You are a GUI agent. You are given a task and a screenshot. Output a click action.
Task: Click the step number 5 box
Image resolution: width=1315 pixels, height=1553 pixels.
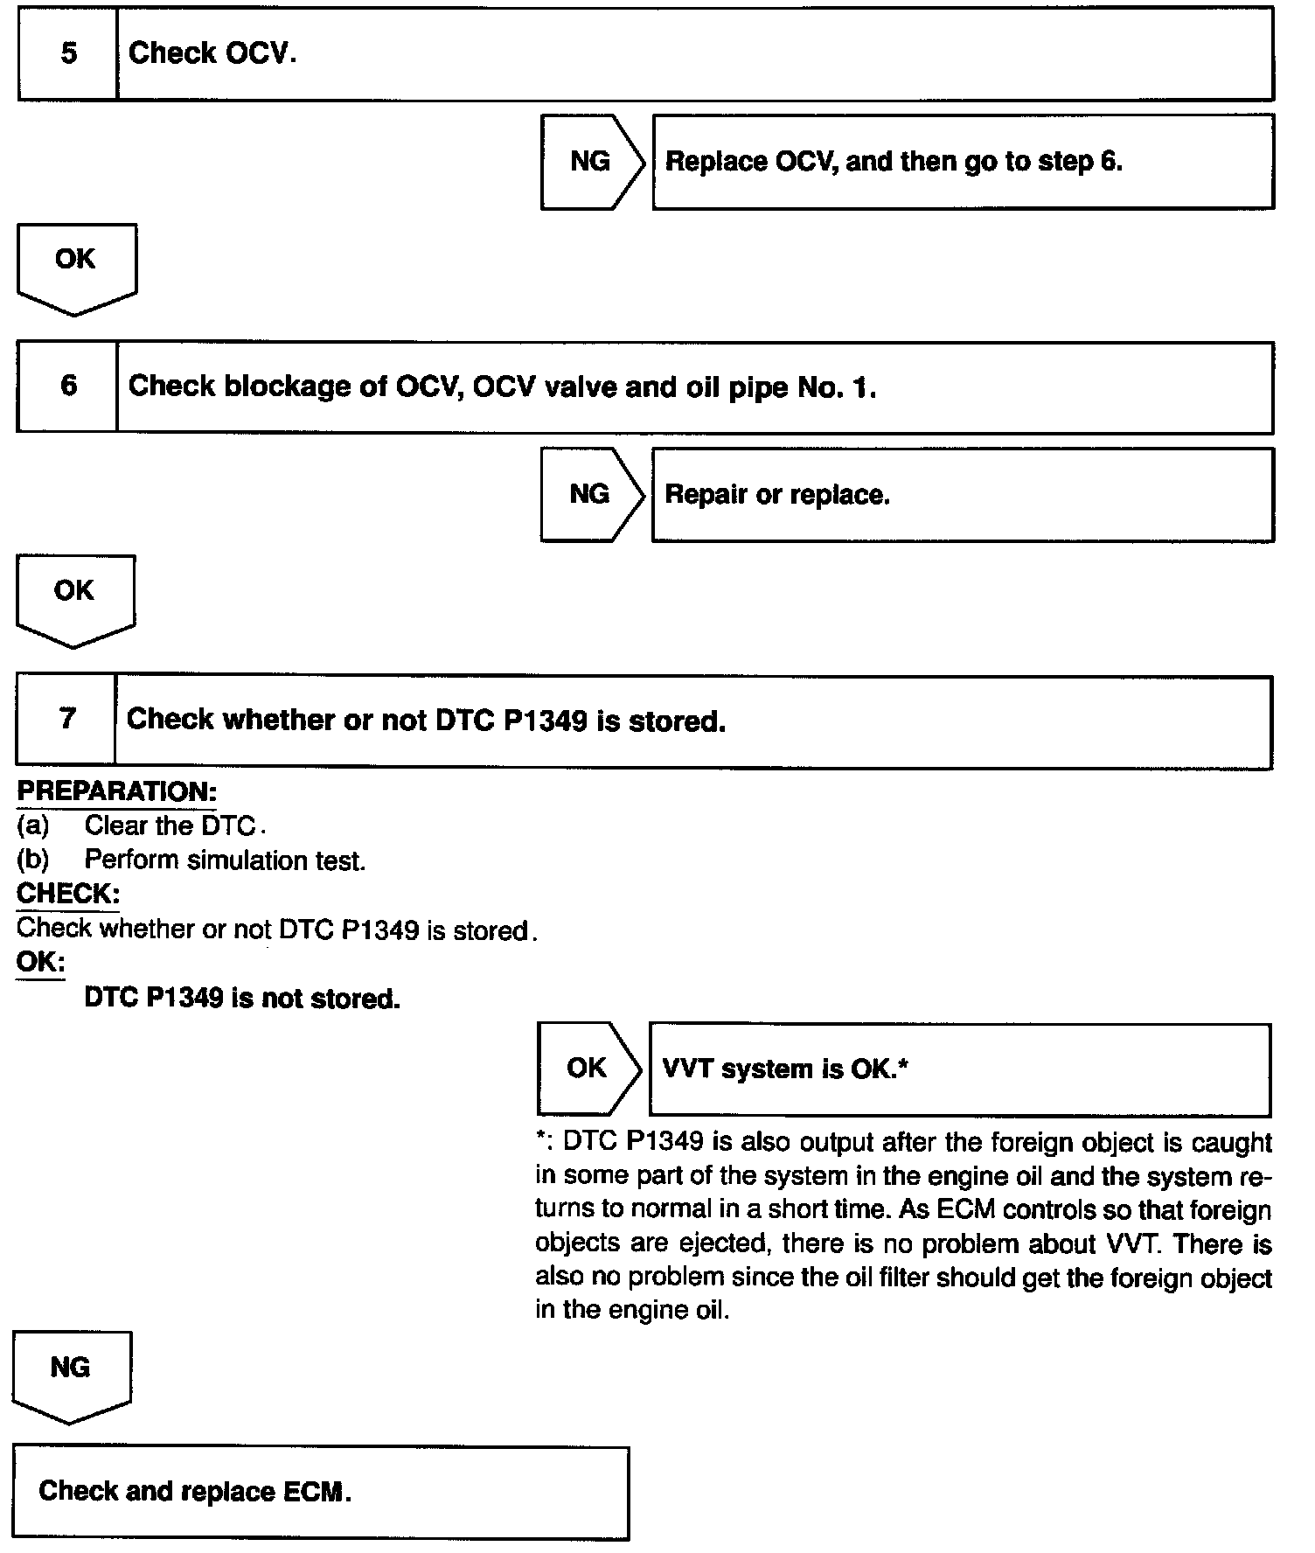pos(68,53)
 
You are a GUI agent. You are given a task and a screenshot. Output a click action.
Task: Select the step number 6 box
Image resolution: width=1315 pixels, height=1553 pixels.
pos(68,387)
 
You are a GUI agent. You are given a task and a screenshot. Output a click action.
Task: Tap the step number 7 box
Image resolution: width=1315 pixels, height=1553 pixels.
pos(66,720)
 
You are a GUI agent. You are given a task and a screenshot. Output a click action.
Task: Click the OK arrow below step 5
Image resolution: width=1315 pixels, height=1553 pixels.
pos(75,265)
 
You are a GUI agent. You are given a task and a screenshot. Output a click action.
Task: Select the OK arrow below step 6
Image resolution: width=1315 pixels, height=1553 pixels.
pos(74,597)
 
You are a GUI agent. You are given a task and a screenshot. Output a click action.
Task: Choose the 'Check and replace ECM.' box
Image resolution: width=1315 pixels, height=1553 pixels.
pos(320,1492)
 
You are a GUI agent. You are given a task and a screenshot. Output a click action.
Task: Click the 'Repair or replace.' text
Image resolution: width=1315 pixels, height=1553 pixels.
pos(777,495)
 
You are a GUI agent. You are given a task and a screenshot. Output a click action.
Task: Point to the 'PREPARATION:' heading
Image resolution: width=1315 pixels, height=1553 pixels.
pos(116,791)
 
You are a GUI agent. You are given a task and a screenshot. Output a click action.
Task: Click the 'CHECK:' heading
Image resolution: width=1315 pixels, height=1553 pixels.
pos(67,894)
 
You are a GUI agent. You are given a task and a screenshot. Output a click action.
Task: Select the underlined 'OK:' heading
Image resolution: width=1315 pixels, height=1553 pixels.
pos(40,963)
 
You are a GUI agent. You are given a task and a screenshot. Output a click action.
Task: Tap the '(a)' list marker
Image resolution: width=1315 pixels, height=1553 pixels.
pos(33,825)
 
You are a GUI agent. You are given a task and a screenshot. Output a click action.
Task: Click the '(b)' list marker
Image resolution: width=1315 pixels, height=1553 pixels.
pos(33,860)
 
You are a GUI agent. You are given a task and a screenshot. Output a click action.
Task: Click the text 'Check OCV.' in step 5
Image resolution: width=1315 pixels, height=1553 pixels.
pos(212,53)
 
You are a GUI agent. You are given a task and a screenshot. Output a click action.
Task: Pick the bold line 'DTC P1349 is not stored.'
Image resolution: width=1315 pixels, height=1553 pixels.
pos(242,998)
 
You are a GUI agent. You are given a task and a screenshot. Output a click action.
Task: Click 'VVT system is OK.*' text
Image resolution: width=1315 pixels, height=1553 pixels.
pos(786,1069)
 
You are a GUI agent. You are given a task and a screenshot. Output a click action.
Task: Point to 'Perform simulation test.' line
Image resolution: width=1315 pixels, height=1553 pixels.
pos(225,860)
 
